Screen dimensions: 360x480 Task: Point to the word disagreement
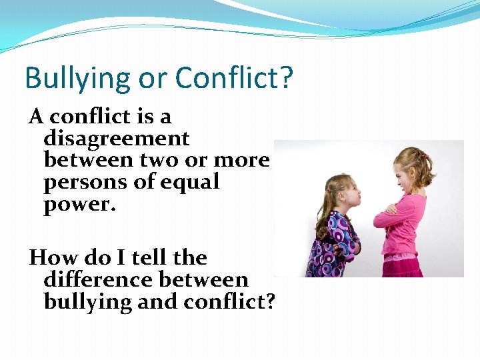(117, 139)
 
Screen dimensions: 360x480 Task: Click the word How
(51, 257)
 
